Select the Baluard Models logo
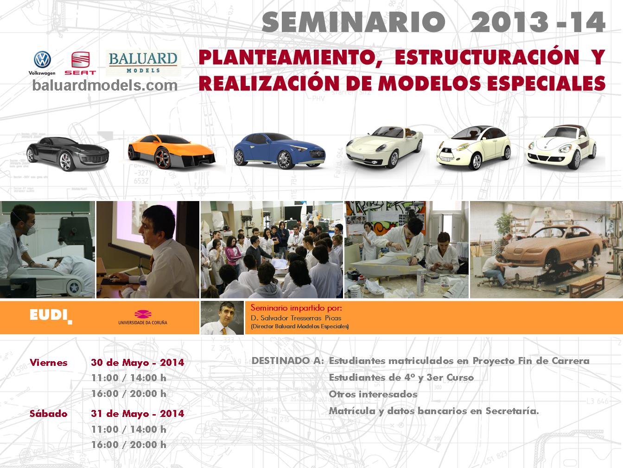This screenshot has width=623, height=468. coord(143,63)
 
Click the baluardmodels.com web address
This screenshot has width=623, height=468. coord(105,85)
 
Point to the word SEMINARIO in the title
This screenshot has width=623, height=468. coord(353,22)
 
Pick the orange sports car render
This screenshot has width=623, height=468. coord(172,151)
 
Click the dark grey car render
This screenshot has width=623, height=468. coord(68,154)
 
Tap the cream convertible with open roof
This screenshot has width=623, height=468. coord(384,147)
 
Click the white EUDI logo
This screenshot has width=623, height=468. coord(51,316)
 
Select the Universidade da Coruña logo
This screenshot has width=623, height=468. coord(143,318)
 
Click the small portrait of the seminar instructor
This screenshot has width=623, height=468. coord(222,318)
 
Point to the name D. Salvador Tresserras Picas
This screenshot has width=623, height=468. coord(296,318)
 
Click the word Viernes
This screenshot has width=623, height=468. coord(49,363)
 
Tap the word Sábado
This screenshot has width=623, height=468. coord(49,413)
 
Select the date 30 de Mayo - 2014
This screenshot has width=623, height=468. coord(138,363)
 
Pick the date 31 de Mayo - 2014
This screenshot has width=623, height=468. coord(138,413)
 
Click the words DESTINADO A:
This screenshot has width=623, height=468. coord(288,361)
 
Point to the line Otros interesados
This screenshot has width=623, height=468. coord(373,394)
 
